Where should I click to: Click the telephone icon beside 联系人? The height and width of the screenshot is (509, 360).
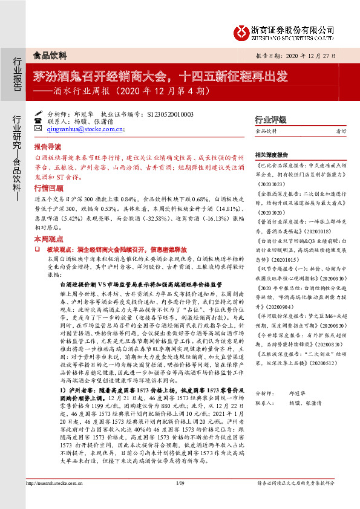point(39,121)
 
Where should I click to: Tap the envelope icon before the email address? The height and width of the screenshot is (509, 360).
point(39,129)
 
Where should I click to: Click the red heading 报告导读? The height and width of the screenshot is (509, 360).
point(47,147)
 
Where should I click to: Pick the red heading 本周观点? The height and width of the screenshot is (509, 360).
point(47,239)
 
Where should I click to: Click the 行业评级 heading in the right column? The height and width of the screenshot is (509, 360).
point(270,120)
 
